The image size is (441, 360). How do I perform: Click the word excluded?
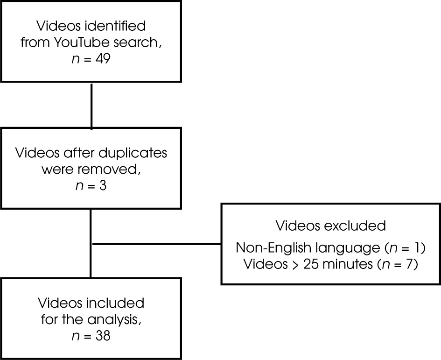coord(359,226)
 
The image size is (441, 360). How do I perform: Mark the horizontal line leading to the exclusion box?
coord(156,243)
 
